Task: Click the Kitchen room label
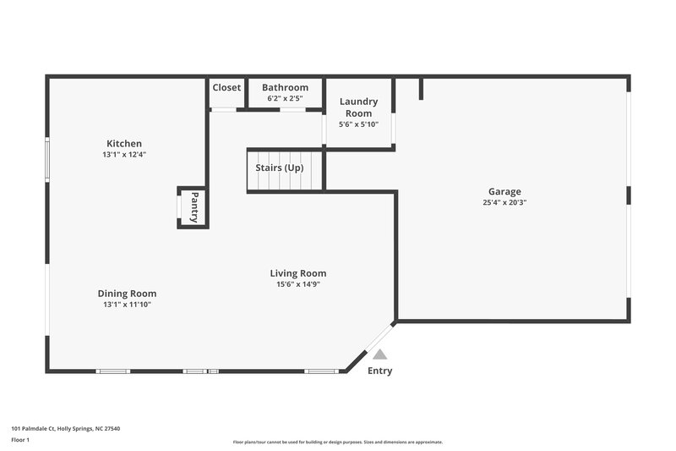click(123, 143)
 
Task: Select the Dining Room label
click(127, 294)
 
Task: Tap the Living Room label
click(297, 273)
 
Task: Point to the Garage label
click(504, 191)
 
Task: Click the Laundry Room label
click(358, 107)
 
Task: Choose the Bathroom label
click(285, 87)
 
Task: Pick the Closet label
click(226, 87)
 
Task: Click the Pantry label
click(194, 207)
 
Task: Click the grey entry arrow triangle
click(380, 355)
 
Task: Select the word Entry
click(379, 371)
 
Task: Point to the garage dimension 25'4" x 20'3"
click(504, 203)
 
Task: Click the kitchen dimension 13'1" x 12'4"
click(123, 155)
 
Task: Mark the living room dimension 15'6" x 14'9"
click(297, 285)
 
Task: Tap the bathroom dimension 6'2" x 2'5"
click(285, 99)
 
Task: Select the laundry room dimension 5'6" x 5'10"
click(358, 124)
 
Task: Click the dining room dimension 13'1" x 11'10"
click(127, 305)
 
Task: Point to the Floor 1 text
click(21, 441)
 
